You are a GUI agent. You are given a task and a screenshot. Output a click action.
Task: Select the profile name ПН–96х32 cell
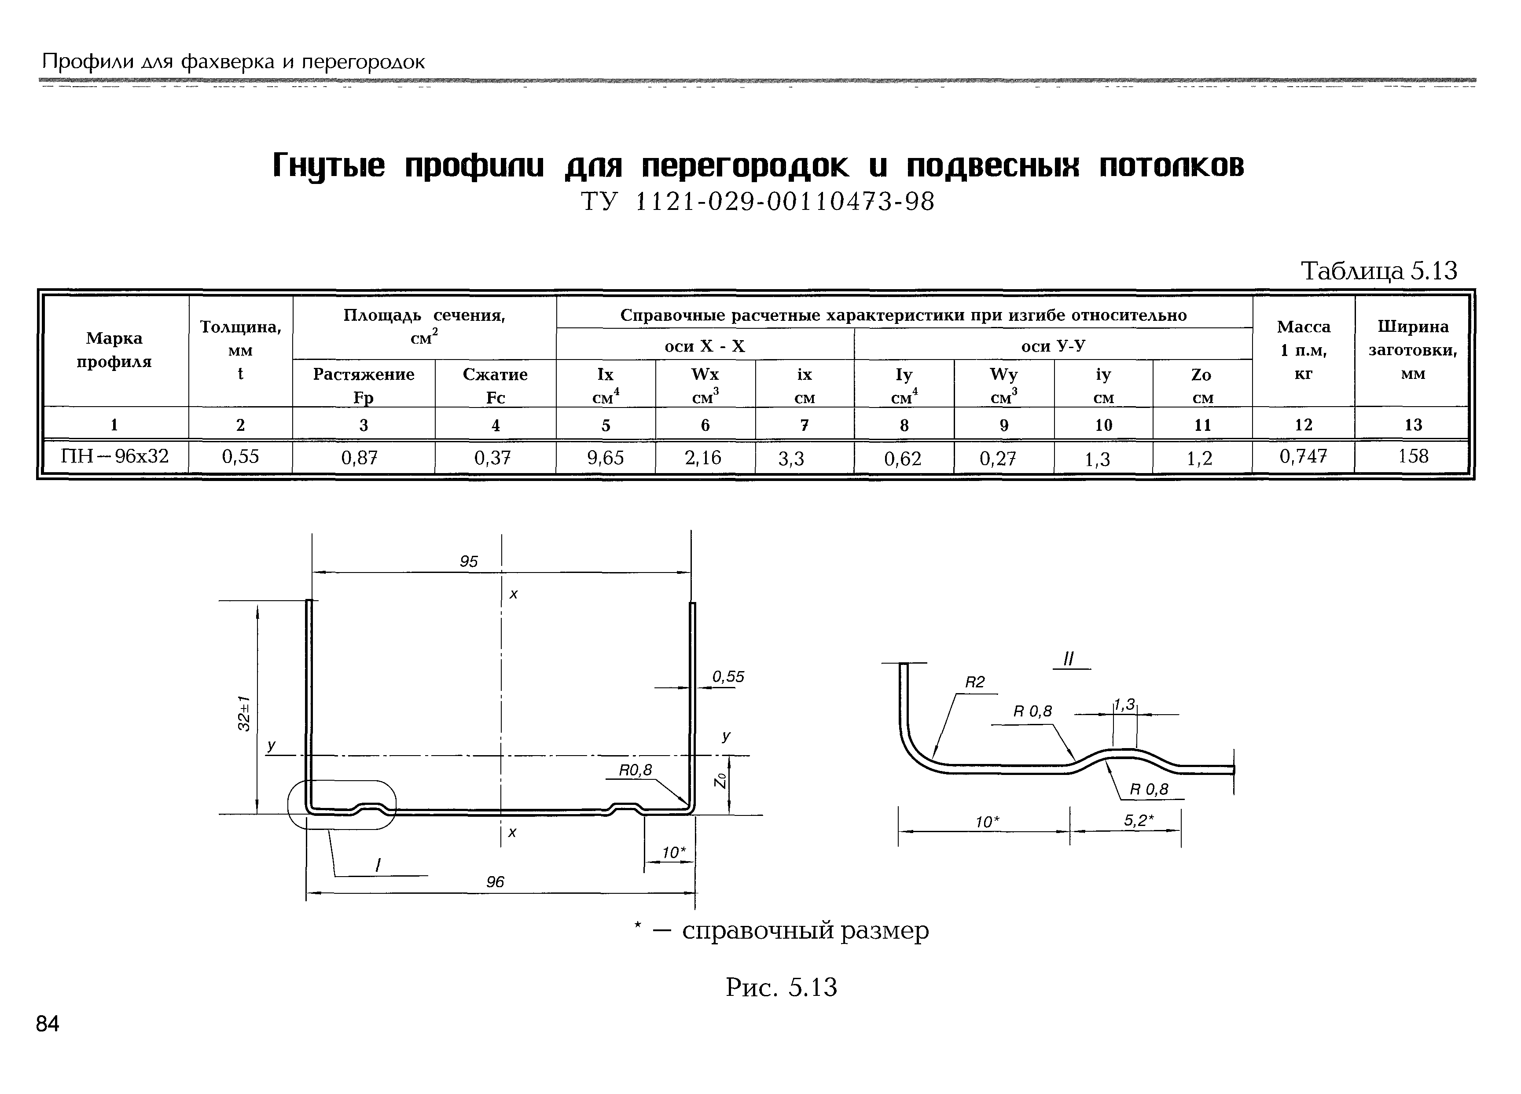coord(115,456)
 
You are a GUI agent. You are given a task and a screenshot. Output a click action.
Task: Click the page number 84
coord(48,1024)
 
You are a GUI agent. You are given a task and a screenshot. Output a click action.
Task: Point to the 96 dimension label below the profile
coord(495,882)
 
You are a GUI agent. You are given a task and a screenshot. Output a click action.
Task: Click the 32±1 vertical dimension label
coord(245,713)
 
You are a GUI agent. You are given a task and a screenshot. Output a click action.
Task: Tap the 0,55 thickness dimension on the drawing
coord(728,677)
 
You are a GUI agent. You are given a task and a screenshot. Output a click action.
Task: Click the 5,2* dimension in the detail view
coord(1139,820)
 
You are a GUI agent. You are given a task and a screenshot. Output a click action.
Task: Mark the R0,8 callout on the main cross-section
coord(635,770)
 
